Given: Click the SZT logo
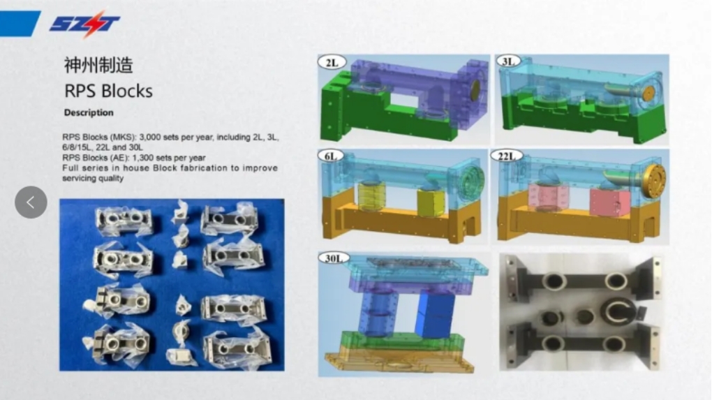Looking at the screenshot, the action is tap(84, 23).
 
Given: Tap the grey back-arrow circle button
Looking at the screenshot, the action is tap(31, 202).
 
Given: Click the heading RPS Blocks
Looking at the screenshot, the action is tap(108, 91).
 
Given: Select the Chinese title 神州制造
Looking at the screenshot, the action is tap(98, 66).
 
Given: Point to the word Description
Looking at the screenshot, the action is tap(89, 112).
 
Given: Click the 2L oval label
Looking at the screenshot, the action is tap(332, 62).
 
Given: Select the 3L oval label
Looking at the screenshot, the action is tap(507, 61).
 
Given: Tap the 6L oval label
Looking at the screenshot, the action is tap(331, 156).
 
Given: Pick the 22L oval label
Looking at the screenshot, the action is tap(507, 156).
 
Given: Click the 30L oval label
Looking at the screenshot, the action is tap(334, 258).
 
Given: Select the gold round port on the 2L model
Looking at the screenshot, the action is tap(475, 90).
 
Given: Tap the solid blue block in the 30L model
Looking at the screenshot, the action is tap(434, 315).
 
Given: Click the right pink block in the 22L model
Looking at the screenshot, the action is tap(610, 202).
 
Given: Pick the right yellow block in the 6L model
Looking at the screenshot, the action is tap(431, 202).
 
